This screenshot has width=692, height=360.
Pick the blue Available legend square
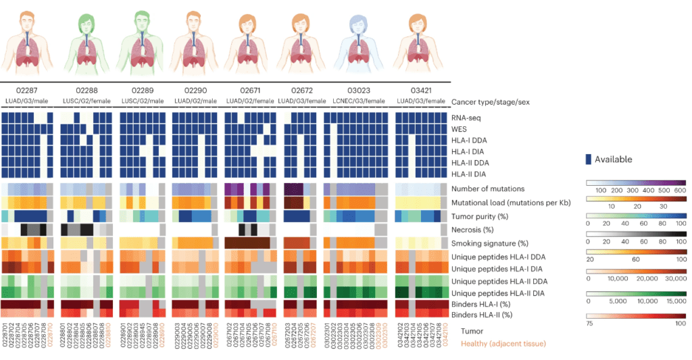pyautogui.click(x=588, y=159)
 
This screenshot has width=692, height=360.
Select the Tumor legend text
pyautogui.click(x=472, y=331)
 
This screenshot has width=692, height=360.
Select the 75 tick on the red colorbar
pyautogui.click(x=590, y=324)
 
